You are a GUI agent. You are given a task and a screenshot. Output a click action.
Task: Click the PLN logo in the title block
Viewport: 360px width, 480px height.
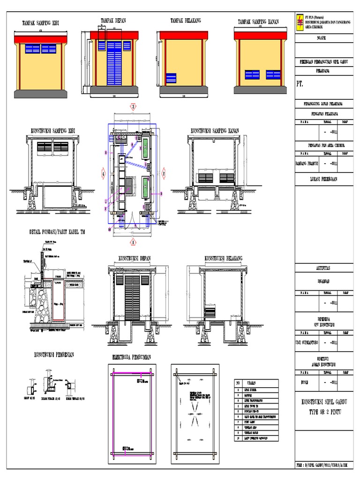[300, 22]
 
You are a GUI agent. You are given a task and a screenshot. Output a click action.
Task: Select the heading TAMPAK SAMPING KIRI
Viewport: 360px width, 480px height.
[41, 22]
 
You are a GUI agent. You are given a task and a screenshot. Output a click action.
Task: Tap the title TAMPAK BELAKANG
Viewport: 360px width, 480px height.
[185, 21]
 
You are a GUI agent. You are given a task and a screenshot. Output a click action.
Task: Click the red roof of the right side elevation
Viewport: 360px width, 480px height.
[260, 35]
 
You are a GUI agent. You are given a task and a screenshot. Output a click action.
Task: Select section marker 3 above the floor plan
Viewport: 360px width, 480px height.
[133, 107]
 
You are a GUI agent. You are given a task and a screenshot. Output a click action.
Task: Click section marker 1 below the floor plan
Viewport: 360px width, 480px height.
[133, 242]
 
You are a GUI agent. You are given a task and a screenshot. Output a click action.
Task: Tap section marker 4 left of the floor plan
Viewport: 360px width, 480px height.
[103, 173]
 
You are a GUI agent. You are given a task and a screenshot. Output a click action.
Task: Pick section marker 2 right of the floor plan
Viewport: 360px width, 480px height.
[164, 173]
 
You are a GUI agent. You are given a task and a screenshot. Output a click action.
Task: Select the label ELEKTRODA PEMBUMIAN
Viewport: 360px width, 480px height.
[132, 357]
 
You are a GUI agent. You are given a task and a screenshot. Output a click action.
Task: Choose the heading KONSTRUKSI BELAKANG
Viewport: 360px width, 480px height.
[223, 258]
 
